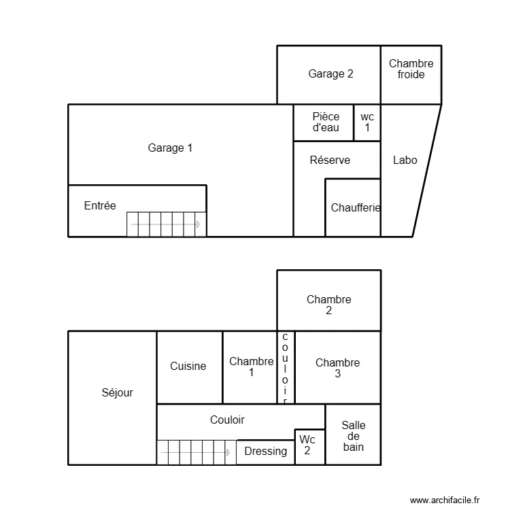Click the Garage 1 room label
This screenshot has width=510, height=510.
[x=170, y=148]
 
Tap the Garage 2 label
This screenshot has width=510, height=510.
[x=330, y=74]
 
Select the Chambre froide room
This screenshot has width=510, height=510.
[x=411, y=69]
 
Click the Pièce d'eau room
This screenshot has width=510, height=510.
[x=326, y=122]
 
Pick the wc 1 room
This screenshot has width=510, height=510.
[x=367, y=122]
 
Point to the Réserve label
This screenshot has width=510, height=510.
[x=330, y=160]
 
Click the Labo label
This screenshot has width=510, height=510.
[x=405, y=160]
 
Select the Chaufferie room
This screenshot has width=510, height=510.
[x=354, y=208]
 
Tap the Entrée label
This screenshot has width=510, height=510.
[x=100, y=205]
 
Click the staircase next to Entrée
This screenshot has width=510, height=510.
[x=166, y=224]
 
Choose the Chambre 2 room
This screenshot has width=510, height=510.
[x=328, y=305]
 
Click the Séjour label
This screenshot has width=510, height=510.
[x=117, y=392]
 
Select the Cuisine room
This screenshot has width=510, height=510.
[x=188, y=366]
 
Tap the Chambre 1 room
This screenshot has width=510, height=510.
[x=251, y=367]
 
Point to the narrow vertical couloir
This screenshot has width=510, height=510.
[x=285, y=367]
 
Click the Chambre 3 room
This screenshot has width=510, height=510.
[x=337, y=368]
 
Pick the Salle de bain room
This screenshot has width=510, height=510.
[x=353, y=435]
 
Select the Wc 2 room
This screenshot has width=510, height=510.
[x=307, y=445]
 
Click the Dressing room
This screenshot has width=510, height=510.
[x=265, y=451]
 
